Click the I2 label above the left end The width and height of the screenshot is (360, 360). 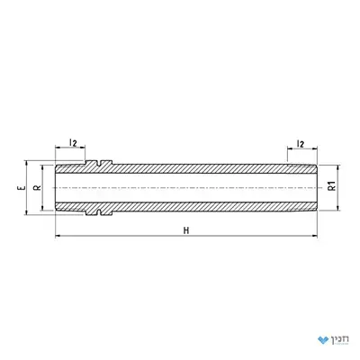click(x=73, y=142)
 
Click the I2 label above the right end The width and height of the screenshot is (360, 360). click(x=301, y=144)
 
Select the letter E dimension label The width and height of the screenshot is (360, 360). click(x=21, y=188)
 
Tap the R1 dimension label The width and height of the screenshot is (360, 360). click(x=332, y=186)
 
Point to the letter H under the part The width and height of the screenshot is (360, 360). click(x=186, y=230)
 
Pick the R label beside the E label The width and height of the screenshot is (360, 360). click(x=38, y=188)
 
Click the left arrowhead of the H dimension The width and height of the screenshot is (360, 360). click(x=58, y=236)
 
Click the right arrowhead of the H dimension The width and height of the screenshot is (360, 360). click(x=314, y=236)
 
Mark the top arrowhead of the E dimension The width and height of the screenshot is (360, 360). click(x=26, y=163)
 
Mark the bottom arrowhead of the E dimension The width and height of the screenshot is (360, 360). click(x=26, y=212)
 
